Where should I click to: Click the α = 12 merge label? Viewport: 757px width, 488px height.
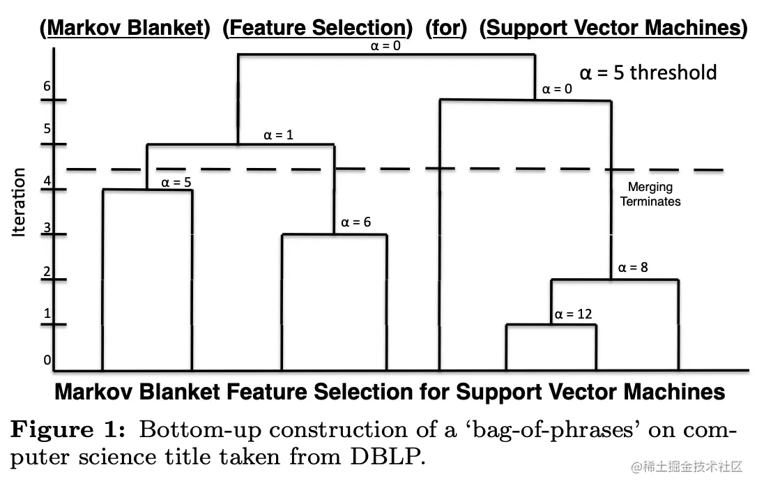pyautogui.click(x=573, y=314)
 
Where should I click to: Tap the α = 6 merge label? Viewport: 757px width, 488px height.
pyautogui.click(x=355, y=223)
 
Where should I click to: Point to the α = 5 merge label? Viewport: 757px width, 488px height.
pyautogui.click(x=176, y=183)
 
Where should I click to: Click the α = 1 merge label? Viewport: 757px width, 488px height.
pyautogui.click(x=278, y=135)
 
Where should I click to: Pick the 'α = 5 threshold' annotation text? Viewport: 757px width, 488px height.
pyautogui.click(x=648, y=73)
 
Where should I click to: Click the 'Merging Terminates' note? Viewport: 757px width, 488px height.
pyautogui.click(x=650, y=195)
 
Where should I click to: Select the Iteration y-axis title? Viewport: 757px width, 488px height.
pyautogui.click(x=19, y=202)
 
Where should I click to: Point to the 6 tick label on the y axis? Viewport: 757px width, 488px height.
pyautogui.click(x=47, y=86)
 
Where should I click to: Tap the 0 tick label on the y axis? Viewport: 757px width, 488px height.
pyautogui.click(x=47, y=360)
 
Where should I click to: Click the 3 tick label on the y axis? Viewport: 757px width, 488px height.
pyautogui.click(x=47, y=227)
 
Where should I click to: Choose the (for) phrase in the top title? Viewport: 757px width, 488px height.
pyautogui.click(x=445, y=28)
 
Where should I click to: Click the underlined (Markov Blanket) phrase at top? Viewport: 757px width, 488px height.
pyautogui.click(x=125, y=28)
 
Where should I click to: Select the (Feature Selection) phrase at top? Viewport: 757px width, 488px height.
pyautogui.click(x=318, y=28)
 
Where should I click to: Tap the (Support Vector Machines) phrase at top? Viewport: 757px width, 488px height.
pyautogui.click(x=613, y=28)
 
